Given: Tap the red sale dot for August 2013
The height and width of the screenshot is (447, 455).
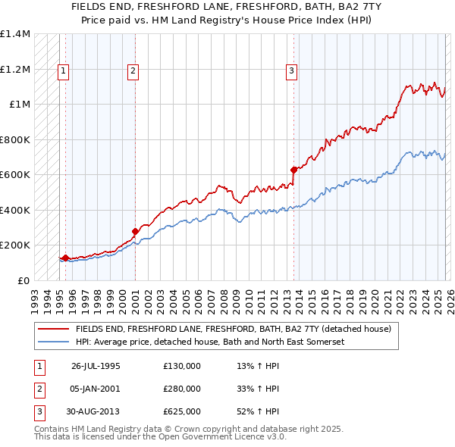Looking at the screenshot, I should tap(293, 170).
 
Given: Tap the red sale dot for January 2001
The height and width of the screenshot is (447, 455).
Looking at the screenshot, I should tap(135, 231).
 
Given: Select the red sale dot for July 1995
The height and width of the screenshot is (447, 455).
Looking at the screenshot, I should tap(66, 258).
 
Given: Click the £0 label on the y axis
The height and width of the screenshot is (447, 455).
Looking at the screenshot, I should tap(22, 280).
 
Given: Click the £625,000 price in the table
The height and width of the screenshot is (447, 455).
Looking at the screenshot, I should tap(182, 411).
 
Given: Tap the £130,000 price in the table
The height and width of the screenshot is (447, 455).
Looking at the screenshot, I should tap(182, 366).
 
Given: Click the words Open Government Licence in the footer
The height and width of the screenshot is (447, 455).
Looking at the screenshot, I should tap(219, 437).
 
